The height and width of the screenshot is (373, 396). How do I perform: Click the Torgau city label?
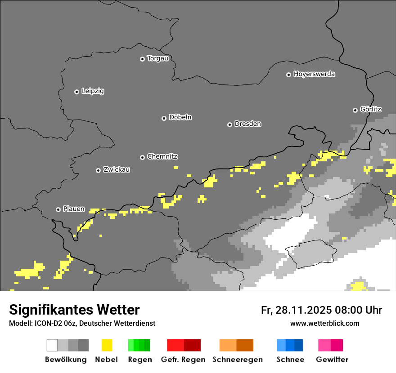coord(157,58)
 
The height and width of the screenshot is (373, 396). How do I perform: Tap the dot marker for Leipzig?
coord(76,92)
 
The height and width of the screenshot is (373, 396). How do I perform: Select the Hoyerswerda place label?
coord(314,74)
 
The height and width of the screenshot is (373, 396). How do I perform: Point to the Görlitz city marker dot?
coord(355,110)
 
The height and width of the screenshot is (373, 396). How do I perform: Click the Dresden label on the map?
coord(247,124)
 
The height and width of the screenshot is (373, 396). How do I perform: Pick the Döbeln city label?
coord(180,117)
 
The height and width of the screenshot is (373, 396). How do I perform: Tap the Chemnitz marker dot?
coord(142,157)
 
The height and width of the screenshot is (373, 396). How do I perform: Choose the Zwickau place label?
coord(117,170)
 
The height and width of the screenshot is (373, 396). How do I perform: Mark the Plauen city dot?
coord(58,209)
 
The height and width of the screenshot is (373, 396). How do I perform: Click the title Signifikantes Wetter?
coord(74,310)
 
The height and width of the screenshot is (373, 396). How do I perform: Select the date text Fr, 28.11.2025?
coord(296,310)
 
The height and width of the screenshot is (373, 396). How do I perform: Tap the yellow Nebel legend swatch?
coord(107,345)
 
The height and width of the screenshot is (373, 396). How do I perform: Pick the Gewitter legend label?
coord(332,360)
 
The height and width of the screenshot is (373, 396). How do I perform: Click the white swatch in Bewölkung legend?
coord(52,345)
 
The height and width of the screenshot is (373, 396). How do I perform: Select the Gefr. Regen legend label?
coord(183,360)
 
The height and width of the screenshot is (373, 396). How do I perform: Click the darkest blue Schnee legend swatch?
coord(298,345)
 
